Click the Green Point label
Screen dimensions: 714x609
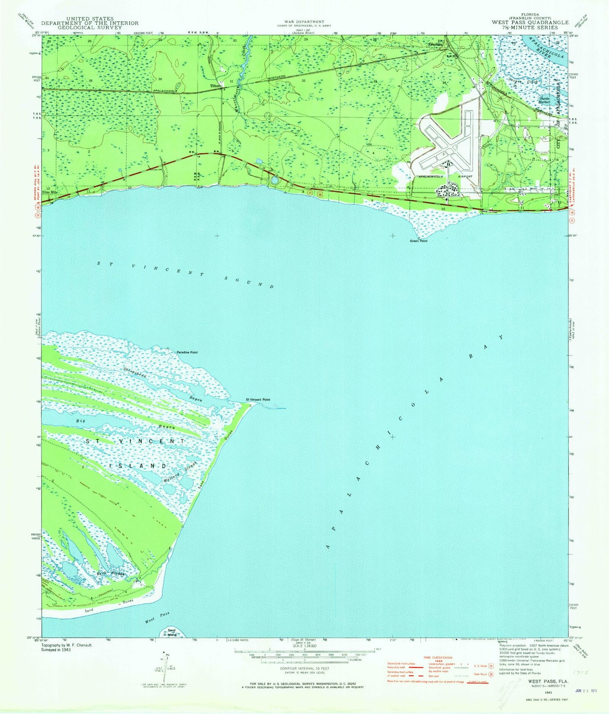pos(419,241)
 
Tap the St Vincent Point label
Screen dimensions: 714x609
pos(258,400)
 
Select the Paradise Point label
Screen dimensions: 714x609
pos(187,353)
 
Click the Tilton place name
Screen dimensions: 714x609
pos(215,86)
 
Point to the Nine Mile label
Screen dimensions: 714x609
pos(50,192)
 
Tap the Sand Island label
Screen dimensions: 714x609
pos(172,632)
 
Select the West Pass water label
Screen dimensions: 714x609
pos(157,618)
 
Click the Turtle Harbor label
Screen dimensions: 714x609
pos(544,100)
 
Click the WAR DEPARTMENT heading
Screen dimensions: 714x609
pos(304,22)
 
